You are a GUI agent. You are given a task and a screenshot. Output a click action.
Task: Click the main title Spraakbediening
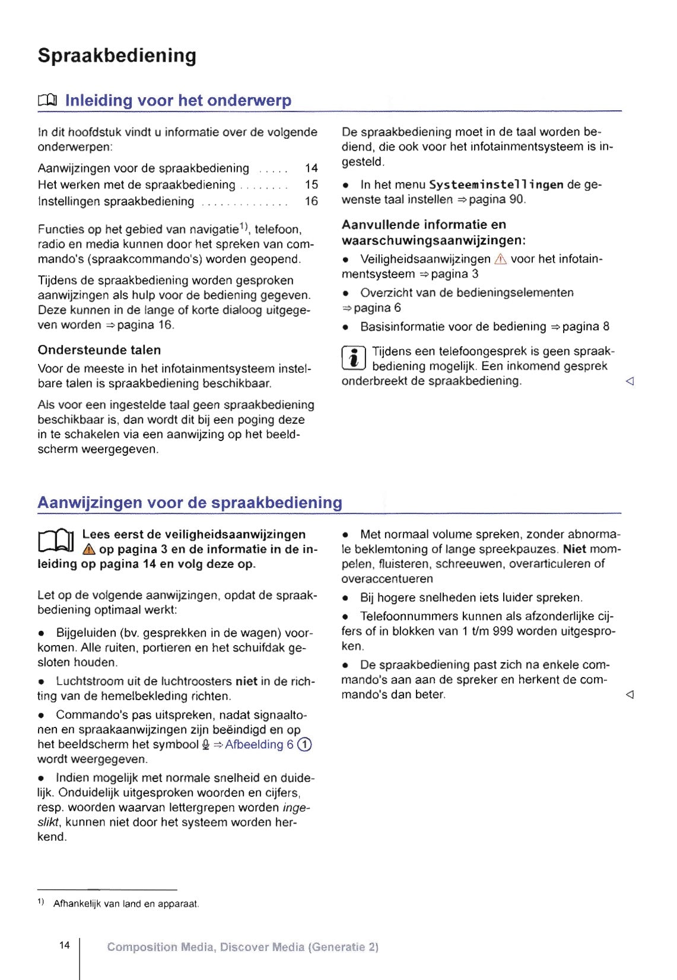point(117,55)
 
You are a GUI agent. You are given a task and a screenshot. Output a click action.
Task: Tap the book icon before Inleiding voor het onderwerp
point(47,101)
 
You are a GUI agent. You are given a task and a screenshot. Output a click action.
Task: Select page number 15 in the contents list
point(311,185)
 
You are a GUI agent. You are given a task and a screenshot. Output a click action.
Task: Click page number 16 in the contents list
point(311,202)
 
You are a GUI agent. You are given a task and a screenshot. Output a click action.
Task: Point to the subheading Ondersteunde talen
point(99,350)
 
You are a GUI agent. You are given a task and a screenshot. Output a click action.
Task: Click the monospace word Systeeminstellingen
point(496,185)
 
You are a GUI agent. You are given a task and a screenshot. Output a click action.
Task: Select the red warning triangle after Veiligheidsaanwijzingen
point(500,259)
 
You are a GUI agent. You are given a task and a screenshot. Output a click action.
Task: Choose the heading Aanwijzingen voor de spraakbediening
point(190,503)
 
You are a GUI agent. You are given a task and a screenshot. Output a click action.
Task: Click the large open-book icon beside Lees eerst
point(55,541)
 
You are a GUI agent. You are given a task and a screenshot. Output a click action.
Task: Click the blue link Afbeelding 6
point(259,745)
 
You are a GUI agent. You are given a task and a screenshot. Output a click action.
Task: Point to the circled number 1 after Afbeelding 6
point(304,745)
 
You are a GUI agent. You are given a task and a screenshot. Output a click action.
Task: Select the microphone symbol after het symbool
point(205,745)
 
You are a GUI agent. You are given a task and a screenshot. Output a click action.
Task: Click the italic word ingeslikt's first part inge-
point(297,807)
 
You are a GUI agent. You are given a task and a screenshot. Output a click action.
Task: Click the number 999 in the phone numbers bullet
point(503,631)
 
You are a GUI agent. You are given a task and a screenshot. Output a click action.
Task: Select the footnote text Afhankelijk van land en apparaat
point(126,904)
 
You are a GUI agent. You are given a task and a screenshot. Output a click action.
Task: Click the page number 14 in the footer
point(65,945)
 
